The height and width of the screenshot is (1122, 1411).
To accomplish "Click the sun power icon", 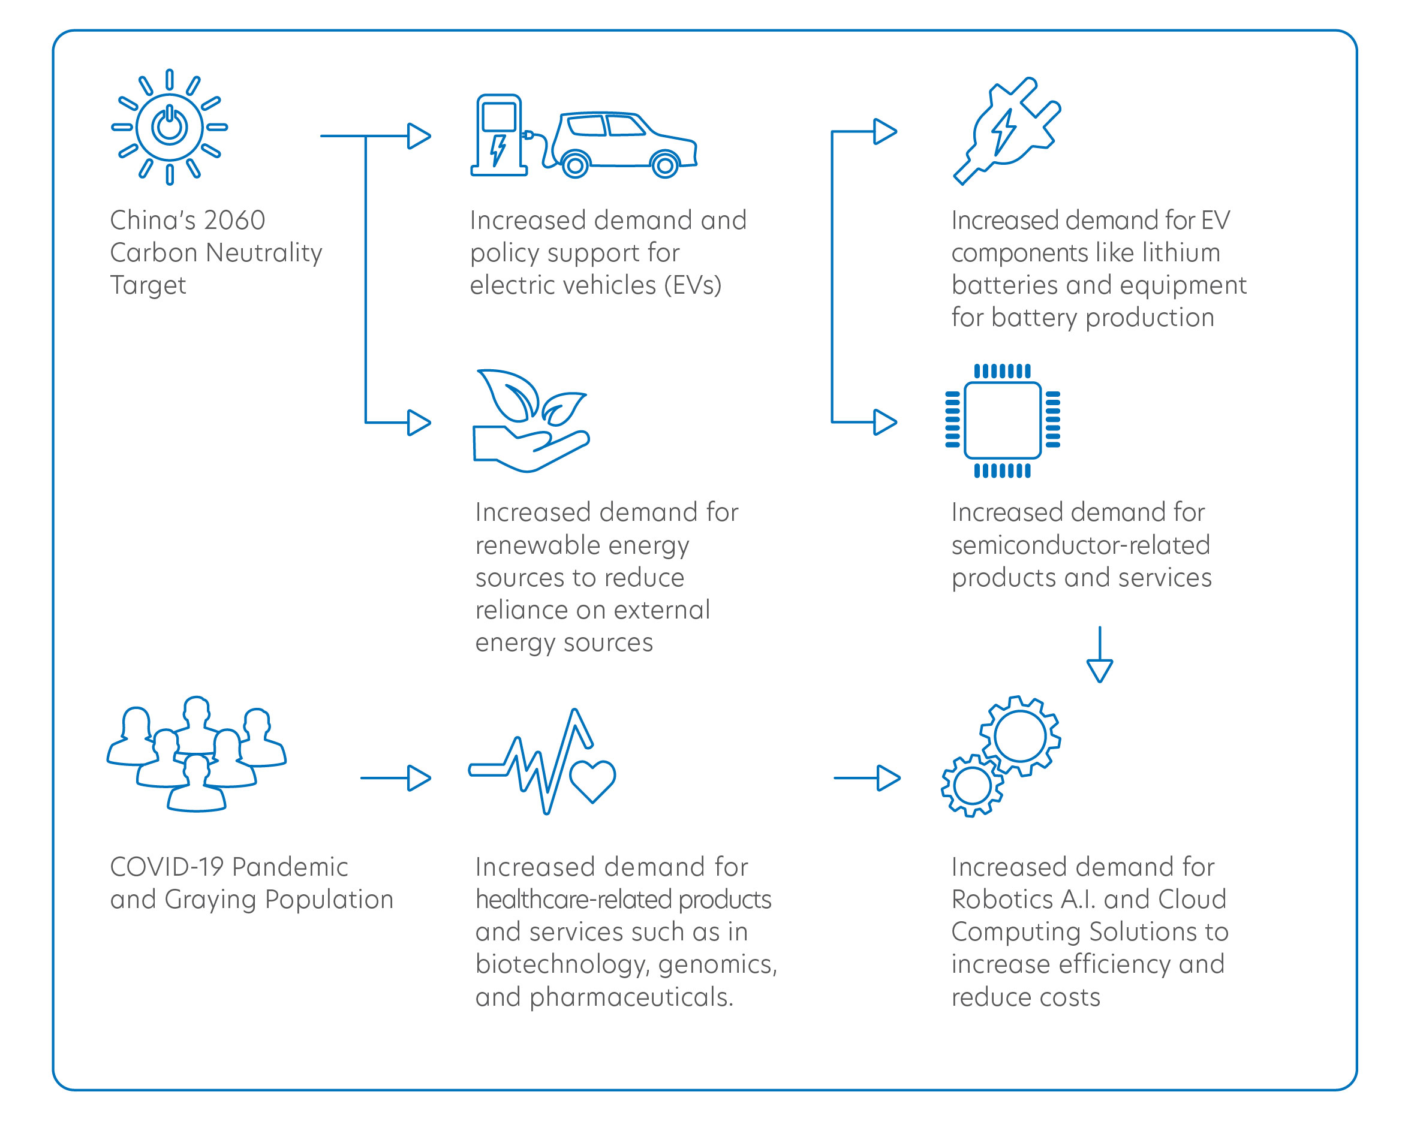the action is pyautogui.click(x=170, y=127).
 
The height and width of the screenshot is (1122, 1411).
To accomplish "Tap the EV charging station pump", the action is pyautogui.click(x=500, y=135).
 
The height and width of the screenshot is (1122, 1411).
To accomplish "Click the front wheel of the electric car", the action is pyautogui.click(x=666, y=165).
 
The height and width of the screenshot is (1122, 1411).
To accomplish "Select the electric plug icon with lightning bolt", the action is pyautogui.click(x=1007, y=131).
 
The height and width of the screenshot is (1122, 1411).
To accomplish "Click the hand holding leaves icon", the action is pyautogui.click(x=531, y=421).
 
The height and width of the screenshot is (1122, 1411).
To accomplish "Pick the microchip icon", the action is pyautogui.click(x=1003, y=421).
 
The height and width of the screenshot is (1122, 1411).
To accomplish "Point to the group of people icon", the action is pyautogui.click(x=196, y=753).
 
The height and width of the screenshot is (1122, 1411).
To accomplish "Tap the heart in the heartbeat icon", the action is pyautogui.click(x=593, y=781).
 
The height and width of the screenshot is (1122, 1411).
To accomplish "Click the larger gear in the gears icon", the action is pyautogui.click(x=1019, y=736).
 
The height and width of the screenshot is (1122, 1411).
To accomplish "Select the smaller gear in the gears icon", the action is pyautogui.click(x=973, y=786).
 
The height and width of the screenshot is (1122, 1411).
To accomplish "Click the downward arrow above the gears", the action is pyautogui.click(x=1100, y=654).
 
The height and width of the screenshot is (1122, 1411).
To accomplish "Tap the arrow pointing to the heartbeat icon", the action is pyautogui.click(x=395, y=778).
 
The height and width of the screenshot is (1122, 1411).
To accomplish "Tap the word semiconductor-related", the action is pyautogui.click(x=1081, y=545).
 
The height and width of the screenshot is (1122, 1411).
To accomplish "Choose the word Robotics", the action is pyautogui.click(x=1003, y=899).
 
